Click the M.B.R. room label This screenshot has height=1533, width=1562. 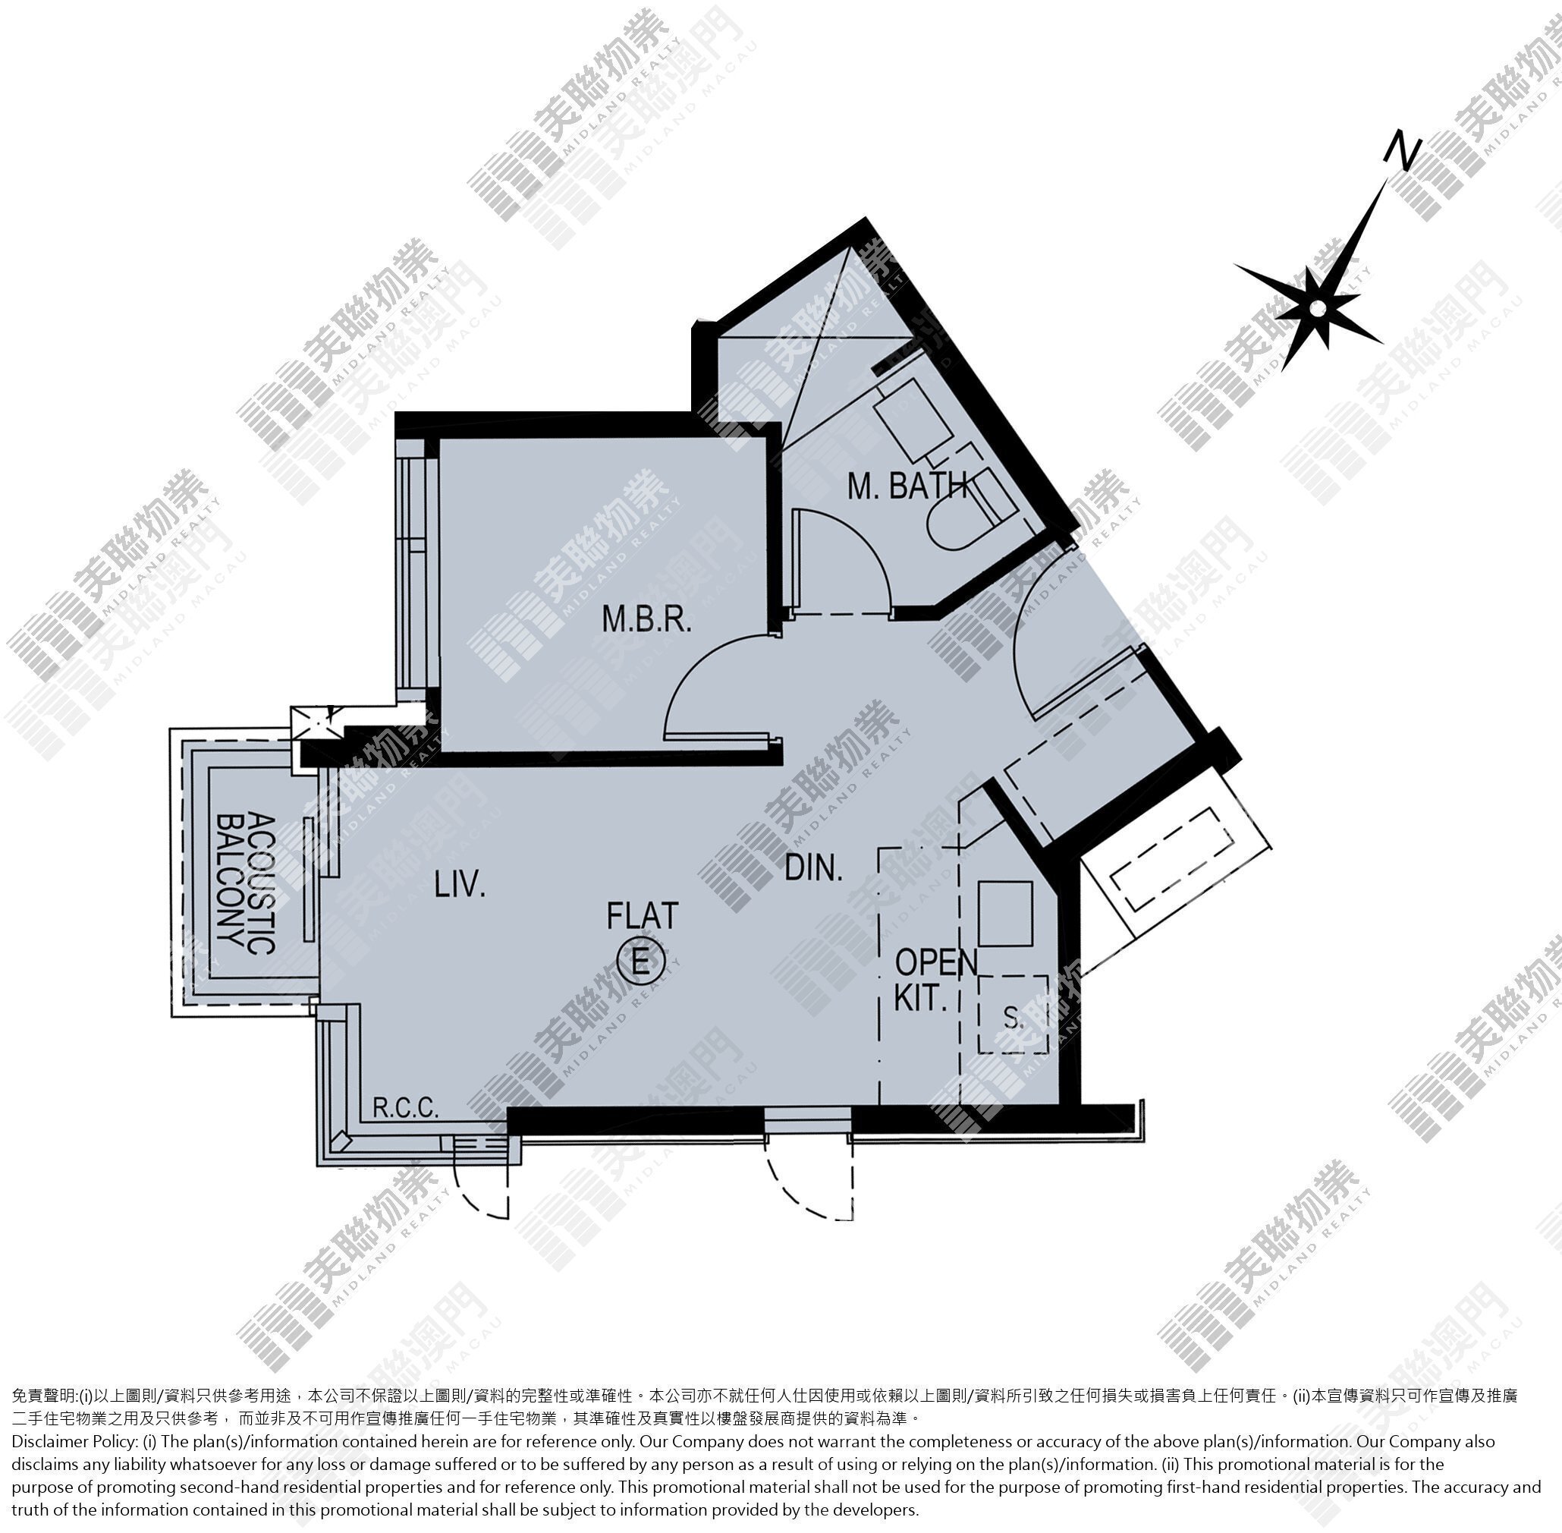(x=646, y=620)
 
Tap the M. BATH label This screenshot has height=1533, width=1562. (x=907, y=486)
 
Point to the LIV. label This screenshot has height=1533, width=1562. (x=460, y=886)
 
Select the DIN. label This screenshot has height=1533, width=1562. (x=813, y=868)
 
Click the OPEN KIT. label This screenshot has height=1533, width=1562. (x=935, y=980)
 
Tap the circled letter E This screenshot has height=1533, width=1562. (x=640, y=960)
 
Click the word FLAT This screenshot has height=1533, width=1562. (x=643, y=915)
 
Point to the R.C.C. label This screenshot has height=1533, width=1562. (x=406, y=1109)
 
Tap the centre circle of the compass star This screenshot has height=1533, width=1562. (x=1316, y=308)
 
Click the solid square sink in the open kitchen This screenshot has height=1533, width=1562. (x=1005, y=914)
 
